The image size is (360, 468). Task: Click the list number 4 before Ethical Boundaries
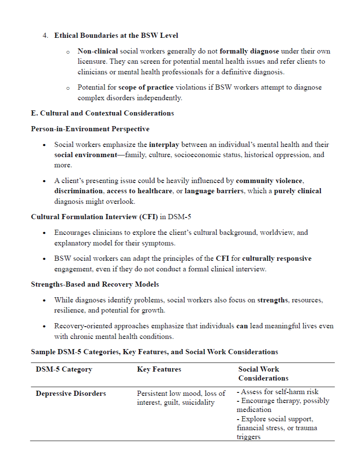click(45, 35)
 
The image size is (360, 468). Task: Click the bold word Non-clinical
click(97, 51)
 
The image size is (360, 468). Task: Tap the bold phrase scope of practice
click(146, 87)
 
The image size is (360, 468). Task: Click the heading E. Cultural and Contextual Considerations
click(102, 113)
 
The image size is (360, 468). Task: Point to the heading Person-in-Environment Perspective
click(90, 129)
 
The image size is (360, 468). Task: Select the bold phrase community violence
click(269, 181)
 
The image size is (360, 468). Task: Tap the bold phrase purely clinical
click(298, 191)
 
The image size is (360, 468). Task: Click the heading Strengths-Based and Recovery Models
click(95, 284)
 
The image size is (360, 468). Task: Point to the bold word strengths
click(272, 300)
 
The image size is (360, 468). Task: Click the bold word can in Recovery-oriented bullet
click(242, 326)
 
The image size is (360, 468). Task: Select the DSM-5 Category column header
click(64, 369)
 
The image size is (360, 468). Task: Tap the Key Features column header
click(159, 369)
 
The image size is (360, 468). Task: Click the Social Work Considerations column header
click(263, 374)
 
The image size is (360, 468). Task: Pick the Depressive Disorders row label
click(71, 394)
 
